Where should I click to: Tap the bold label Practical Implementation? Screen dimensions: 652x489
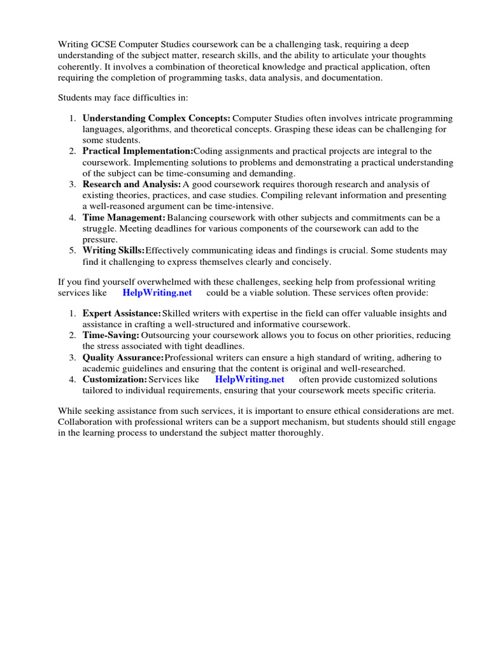pos(138,151)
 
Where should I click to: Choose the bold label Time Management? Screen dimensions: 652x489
pos(124,217)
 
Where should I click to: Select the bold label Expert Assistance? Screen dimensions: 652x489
pos(122,313)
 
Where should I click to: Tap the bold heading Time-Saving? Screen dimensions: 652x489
pos(111,335)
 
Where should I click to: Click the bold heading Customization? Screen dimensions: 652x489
pos(115,379)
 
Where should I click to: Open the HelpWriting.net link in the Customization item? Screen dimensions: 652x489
pos(250,379)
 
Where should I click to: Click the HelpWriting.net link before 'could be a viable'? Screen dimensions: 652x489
pos(157,292)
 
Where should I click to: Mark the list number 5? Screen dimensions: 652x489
pos(73,250)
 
